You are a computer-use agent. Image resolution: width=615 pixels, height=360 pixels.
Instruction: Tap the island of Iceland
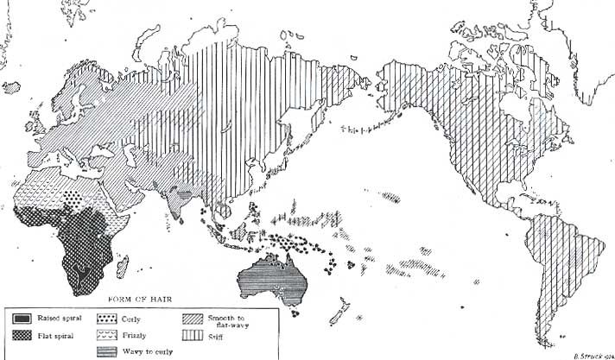[x=10, y=86]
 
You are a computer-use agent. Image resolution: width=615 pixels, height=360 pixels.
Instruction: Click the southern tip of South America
[x=547, y=339]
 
